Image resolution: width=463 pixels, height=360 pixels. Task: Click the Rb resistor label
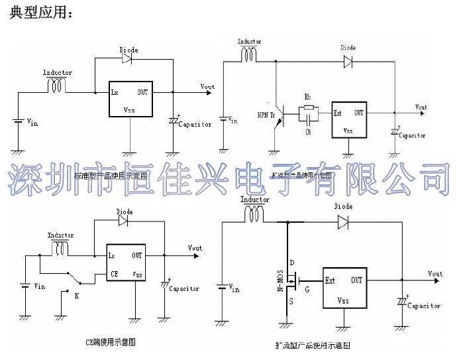point(307,97)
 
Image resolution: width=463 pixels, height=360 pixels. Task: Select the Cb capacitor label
point(308,132)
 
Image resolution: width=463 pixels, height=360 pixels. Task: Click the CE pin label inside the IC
point(115,272)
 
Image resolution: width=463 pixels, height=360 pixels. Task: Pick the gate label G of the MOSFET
point(306,289)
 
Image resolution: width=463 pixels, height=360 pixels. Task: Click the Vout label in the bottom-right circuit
point(435,274)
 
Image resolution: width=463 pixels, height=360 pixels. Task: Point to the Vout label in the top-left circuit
point(207,87)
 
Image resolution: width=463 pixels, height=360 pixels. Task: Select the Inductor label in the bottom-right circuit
point(255,199)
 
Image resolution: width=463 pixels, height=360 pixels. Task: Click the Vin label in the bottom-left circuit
point(40,286)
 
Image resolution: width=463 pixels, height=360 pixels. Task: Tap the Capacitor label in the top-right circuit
point(412,135)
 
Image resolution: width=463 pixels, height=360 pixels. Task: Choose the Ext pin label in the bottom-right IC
point(331,280)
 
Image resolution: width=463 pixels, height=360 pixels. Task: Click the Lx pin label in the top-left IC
point(115,91)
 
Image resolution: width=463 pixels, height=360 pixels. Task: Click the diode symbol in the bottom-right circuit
point(343,223)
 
